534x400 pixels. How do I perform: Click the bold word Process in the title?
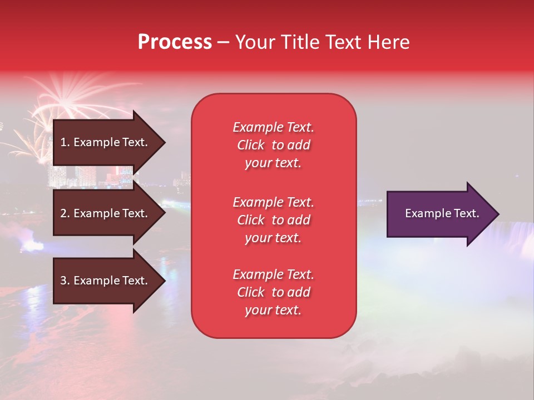coord(175,42)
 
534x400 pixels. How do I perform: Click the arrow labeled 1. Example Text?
coord(109,142)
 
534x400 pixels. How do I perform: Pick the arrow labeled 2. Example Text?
coord(109,213)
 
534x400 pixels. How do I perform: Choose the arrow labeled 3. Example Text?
coord(109,281)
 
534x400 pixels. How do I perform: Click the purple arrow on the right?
coord(443,214)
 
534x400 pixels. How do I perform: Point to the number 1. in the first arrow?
coord(65,142)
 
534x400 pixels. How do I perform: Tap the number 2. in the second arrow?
coord(66,213)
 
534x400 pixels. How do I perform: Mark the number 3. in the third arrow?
coord(66,280)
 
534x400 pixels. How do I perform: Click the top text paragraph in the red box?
coord(274,145)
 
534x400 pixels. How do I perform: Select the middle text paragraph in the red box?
coord(274,220)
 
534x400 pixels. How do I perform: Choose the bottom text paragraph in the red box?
coord(274,292)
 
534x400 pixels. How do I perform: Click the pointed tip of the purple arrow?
coord(500,214)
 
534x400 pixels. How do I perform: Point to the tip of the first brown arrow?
coord(166,142)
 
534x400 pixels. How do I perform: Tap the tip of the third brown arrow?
coord(166,281)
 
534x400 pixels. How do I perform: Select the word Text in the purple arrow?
coord(468,213)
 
